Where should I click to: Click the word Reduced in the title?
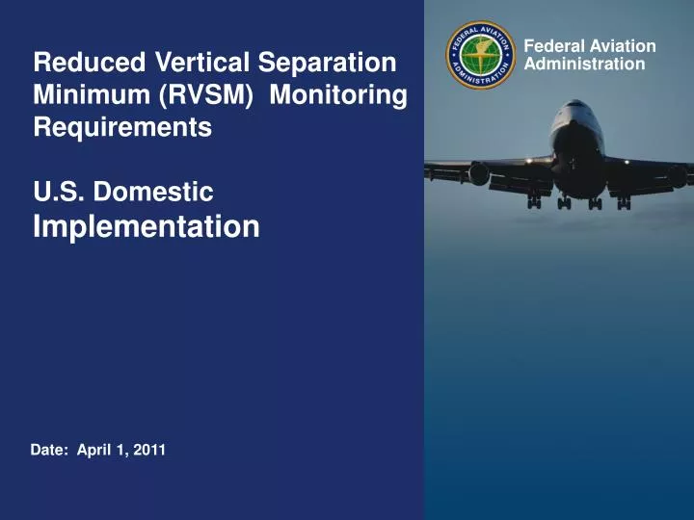(88, 64)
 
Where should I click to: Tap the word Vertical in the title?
(197, 64)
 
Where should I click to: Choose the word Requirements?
(121, 128)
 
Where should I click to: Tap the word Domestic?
(157, 193)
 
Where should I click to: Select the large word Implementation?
(146, 226)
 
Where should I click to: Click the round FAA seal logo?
(481, 55)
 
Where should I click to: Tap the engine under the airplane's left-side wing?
(479, 174)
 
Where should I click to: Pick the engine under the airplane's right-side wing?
(678, 176)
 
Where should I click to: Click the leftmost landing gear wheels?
(534, 203)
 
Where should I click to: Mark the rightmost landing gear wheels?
(624, 203)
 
